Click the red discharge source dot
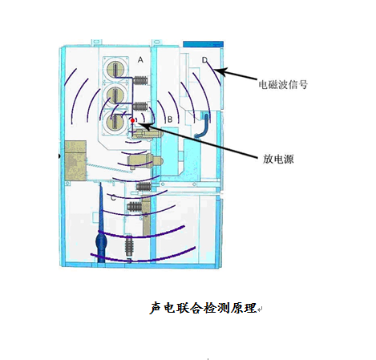(132, 120)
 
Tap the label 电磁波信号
(283, 84)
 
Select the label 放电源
(278, 159)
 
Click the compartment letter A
(140, 60)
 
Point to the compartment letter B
(170, 119)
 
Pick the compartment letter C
(113, 198)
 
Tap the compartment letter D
(204, 60)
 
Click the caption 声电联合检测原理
(203, 308)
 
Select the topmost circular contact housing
(115, 69)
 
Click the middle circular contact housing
(115, 95)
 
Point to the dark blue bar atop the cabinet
(203, 44)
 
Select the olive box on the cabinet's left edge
(75, 160)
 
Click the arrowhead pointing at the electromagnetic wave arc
(222, 71)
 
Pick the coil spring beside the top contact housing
(140, 80)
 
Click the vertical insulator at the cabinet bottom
(129, 248)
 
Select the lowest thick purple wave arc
(143, 256)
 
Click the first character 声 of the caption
(156, 308)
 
